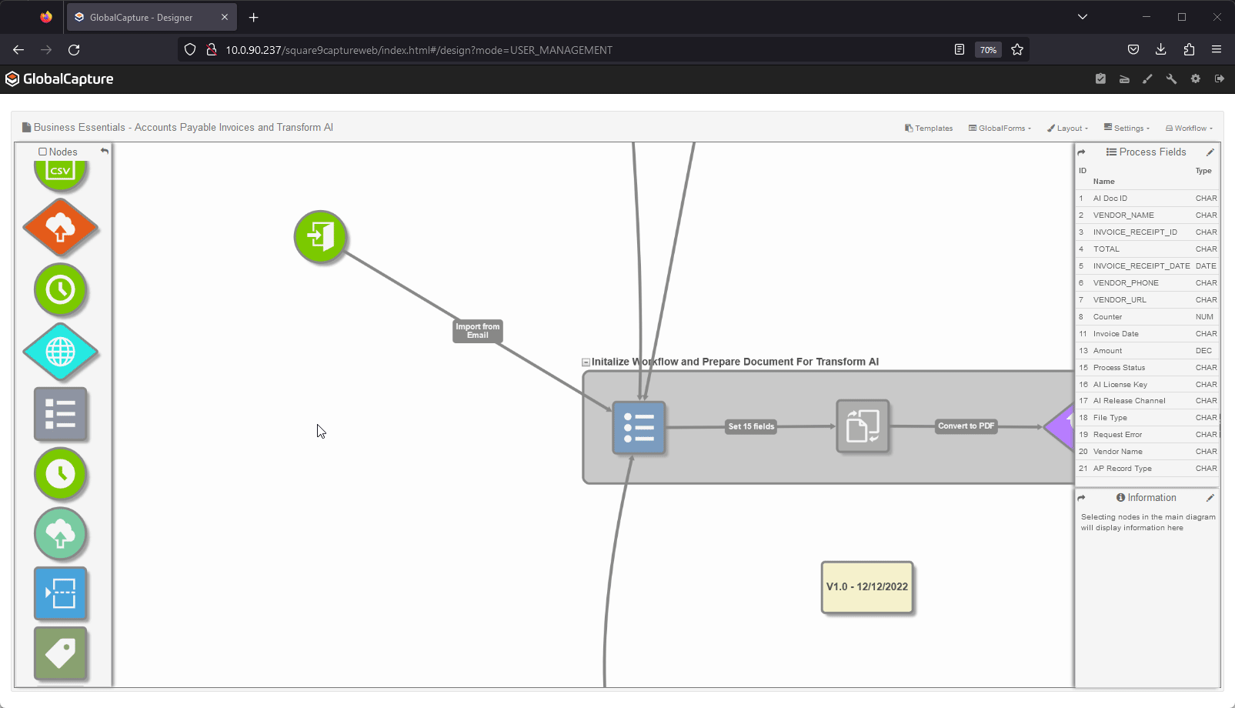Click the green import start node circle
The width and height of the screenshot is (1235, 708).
[x=320, y=236]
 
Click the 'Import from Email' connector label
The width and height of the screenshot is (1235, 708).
[x=477, y=331]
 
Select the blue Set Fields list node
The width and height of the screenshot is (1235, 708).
[x=639, y=427]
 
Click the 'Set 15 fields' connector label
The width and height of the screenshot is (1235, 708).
[x=751, y=426]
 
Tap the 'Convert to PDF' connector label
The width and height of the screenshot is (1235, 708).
[x=966, y=426]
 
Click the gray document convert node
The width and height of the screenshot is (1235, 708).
[x=863, y=426]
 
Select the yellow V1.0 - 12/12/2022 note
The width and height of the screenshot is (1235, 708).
[x=867, y=587]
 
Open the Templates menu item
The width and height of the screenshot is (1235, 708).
[x=929, y=129]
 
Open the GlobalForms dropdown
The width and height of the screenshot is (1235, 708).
[x=1000, y=129]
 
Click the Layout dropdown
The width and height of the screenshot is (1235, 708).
[x=1067, y=129]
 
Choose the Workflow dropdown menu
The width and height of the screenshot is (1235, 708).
[x=1189, y=129]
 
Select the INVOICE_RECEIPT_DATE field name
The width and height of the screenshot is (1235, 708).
[x=1141, y=266]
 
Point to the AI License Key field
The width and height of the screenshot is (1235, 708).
[x=1120, y=385]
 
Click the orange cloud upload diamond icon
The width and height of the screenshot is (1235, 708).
[x=60, y=228]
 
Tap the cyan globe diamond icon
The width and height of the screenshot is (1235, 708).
[x=60, y=352]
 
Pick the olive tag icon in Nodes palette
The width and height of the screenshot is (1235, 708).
[x=60, y=653]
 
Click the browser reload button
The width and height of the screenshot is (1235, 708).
[x=74, y=50]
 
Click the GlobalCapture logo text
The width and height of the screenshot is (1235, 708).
[x=68, y=79]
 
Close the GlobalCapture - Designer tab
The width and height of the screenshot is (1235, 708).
[x=225, y=17]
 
